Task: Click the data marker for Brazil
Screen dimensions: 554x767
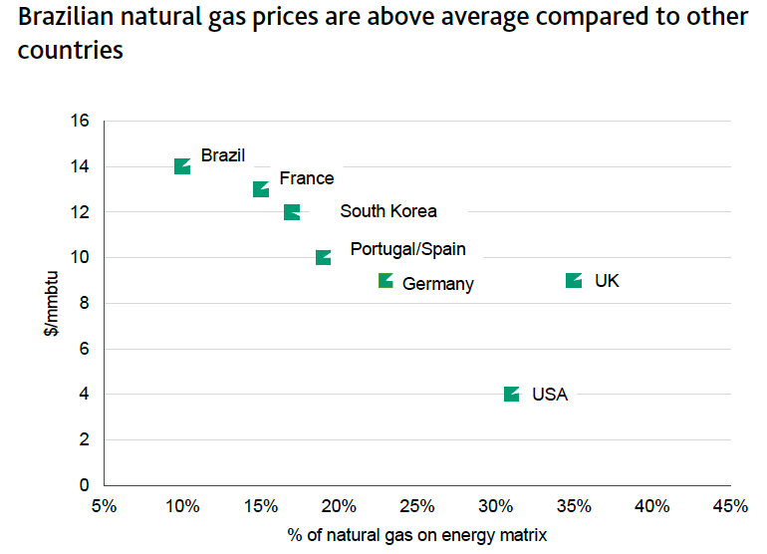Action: point(182,166)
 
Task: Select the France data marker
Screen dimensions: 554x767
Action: point(261,189)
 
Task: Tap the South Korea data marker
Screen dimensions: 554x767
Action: point(292,212)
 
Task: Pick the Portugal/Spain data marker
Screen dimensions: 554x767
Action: point(323,257)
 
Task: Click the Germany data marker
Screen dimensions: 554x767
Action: point(385,281)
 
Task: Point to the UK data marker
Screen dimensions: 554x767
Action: point(574,281)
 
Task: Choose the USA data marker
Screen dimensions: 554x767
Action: point(511,395)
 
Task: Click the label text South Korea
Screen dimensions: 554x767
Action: point(387,211)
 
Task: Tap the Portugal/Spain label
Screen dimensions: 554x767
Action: point(407,249)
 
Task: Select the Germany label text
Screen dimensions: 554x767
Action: point(437,284)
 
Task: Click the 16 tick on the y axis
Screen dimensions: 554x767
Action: point(81,122)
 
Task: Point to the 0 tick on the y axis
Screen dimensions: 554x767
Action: point(85,485)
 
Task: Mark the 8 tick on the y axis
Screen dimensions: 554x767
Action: point(85,303)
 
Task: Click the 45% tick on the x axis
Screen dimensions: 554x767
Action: point(730,506)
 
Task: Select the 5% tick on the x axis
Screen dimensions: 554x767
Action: point(104,506)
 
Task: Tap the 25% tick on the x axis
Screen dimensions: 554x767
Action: point(417,506)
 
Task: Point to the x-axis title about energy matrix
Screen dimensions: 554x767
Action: point(417,535)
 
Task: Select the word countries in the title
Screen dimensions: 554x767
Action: point(71,50)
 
